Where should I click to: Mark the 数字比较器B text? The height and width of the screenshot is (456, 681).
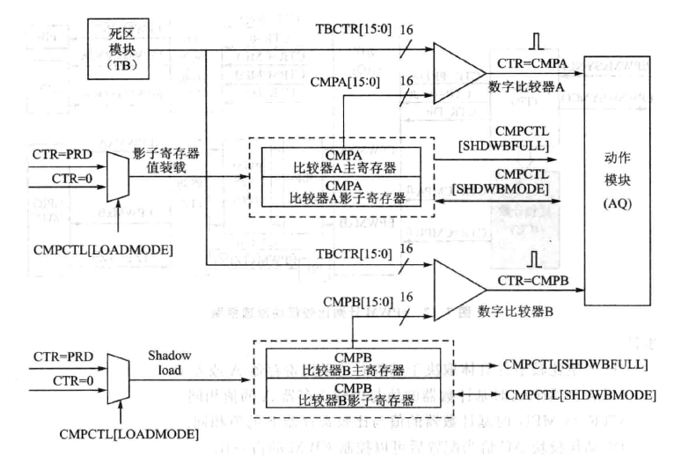[522, 310]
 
